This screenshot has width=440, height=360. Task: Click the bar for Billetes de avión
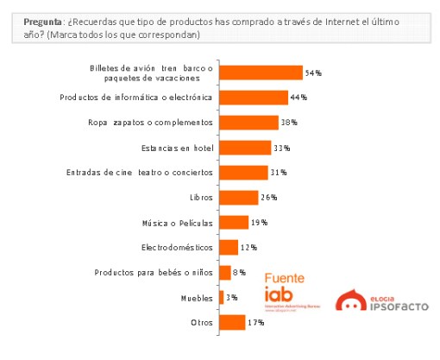pos(261,73)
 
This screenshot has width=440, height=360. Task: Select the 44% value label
pos(299,97)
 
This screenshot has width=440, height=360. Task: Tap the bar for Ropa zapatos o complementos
pos(248,123)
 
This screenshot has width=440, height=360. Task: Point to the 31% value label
pos(278,173)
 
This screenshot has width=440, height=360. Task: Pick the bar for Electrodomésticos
pos(229,248)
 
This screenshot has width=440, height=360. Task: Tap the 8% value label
pos(240,273)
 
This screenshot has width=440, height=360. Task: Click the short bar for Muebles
pos(222,298)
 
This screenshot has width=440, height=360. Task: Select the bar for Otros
pos(232,323)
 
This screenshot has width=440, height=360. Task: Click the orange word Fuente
pos(284,280)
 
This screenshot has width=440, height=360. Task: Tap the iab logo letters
pos(280,297)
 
